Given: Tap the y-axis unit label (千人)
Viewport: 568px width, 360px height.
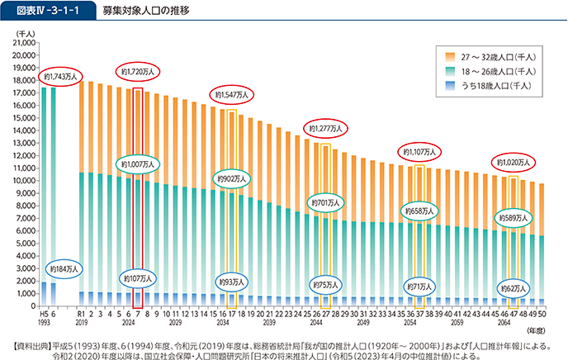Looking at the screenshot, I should tap(24, 31).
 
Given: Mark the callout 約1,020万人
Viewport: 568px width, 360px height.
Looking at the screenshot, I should tap(512, 162).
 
